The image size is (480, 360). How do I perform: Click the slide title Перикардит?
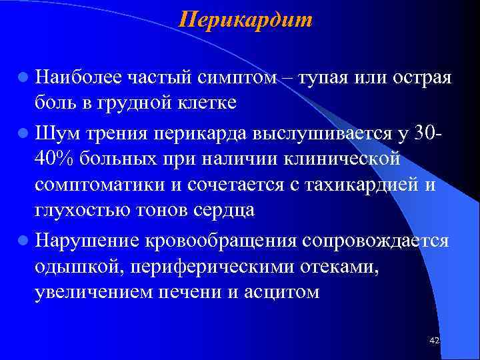(245, 19)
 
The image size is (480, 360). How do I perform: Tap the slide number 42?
(435, 341)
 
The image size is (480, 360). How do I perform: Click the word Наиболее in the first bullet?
(78, 77)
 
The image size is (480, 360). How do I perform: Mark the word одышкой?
(71, 266)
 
